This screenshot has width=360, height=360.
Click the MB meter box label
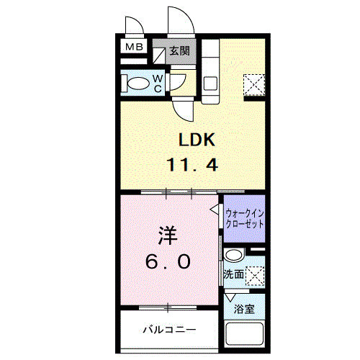click(134, 48)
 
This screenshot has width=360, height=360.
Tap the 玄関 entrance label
click(180, 51)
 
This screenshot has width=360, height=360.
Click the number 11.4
click(193, 164)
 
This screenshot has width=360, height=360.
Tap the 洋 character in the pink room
click(168, 235)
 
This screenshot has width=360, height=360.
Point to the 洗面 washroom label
click(233, 275)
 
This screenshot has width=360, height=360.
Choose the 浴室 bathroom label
click(244, 310)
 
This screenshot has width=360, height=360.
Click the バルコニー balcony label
click(168, 330)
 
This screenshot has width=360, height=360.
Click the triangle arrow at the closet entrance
click(215, 210)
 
